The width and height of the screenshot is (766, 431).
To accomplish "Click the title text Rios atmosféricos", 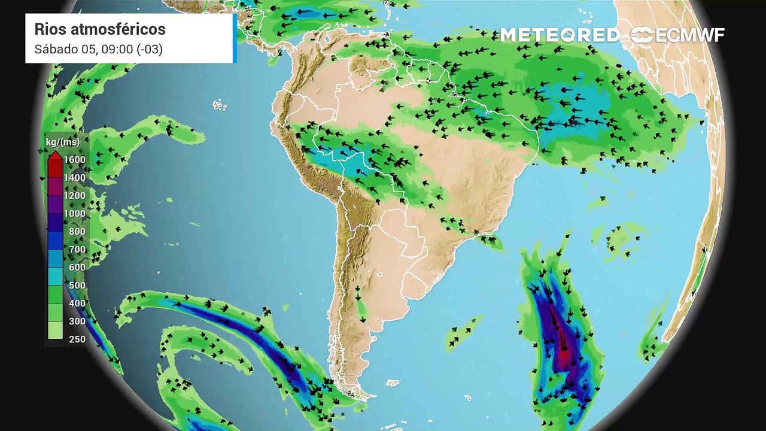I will [x=100, y=29].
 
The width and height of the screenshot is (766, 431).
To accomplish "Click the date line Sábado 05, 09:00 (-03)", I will [x=98, y=49].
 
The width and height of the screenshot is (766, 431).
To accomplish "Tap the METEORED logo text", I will [x=560, y=35].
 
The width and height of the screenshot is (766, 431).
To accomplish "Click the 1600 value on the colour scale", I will [x=74, y=160].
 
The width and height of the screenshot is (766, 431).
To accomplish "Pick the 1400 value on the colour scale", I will [x=74, y=178].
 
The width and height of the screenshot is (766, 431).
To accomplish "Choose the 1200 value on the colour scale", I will [x=74, y=196].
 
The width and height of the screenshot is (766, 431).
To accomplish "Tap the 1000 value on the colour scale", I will [x=74, y=214].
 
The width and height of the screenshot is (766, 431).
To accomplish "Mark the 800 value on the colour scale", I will [x=77, y=232].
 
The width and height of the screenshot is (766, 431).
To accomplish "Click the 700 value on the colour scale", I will [x=77, y=250].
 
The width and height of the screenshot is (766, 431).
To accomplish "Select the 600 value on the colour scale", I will [x=77, y=268].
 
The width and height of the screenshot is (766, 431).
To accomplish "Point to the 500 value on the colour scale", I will [x=77, y=286].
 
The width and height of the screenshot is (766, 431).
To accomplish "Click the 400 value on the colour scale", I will [x=77, y=303].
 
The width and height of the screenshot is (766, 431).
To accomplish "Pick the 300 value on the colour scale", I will [x=77, y=321].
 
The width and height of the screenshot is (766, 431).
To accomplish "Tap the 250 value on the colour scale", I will [x=77, y=339].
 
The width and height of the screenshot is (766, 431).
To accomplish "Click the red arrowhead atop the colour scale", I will [x=54, y=156].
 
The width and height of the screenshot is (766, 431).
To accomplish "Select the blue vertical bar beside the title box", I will [x=235, y=38].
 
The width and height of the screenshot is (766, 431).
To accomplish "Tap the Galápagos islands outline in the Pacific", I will [x=220, y=105].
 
